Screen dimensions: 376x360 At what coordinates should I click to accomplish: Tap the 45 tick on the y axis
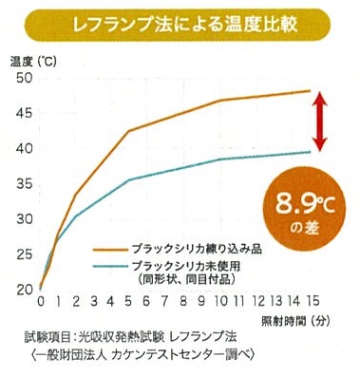(23, 113)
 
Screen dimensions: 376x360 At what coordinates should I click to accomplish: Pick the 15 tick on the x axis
(312, 302)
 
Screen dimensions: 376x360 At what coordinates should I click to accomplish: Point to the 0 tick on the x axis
(40, 302)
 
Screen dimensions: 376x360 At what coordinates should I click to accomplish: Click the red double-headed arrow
(319, 120)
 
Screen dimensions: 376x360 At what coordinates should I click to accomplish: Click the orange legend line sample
(109, 246)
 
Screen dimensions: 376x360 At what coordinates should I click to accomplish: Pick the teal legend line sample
(109, 267)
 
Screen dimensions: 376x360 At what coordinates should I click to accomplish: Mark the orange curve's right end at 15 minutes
(311, 91)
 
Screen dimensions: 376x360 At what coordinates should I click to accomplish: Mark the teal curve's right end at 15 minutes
(311, 152)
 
